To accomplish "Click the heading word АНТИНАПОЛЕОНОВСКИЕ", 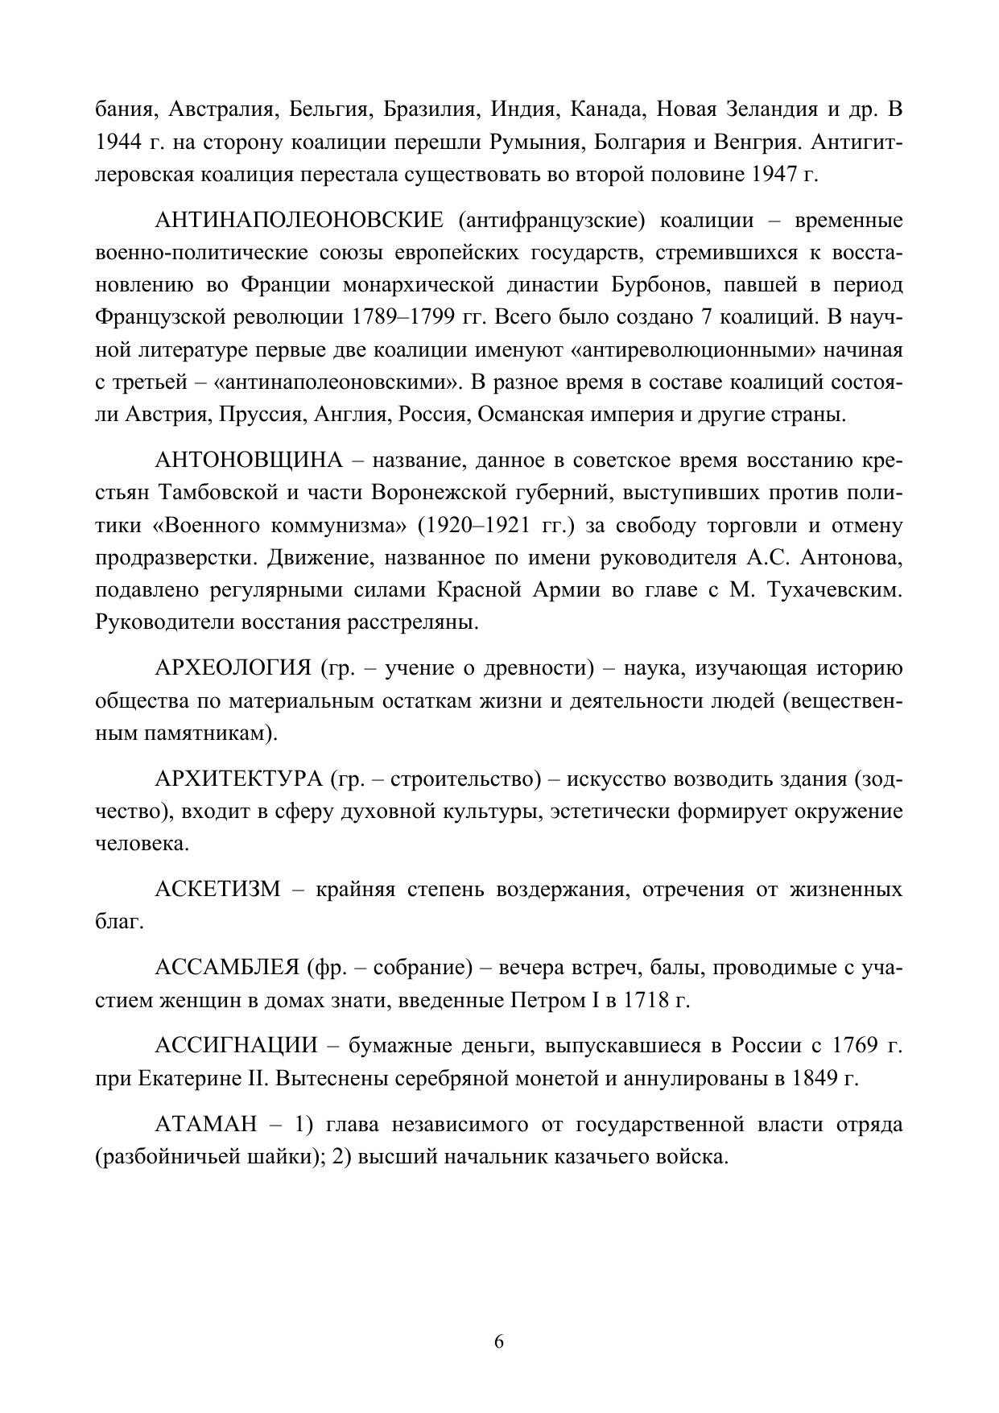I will click(299, 221).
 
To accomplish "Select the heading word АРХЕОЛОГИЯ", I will click(233, 668).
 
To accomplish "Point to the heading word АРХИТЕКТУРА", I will click(238, 779).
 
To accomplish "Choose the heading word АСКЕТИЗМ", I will click(217, 889).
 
